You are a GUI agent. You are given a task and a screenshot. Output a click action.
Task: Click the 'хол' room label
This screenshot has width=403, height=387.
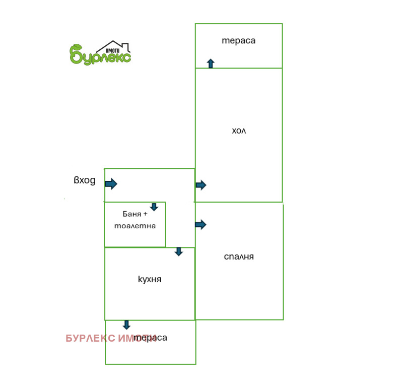[x=239, y=131]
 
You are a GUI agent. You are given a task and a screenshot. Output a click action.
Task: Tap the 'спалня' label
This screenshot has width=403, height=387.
[x=239, y=256]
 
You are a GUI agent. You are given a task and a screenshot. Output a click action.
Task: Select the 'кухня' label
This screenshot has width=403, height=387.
[x=150, y=279]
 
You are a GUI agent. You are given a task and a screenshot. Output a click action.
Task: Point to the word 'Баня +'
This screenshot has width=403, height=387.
[x=135, y=214]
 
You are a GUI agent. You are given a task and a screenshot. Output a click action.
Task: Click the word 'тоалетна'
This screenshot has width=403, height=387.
[x=135, y=226]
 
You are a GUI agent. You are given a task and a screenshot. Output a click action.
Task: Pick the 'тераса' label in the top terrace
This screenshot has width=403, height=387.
[x=238, y=41]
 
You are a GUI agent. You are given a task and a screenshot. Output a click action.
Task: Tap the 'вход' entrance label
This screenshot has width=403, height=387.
[x=85, y=180]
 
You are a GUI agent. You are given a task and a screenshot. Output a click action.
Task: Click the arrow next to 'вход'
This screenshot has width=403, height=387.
[x=111, y=183]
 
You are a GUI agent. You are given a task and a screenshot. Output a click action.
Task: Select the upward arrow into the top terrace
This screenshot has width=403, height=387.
[x=211, y=63]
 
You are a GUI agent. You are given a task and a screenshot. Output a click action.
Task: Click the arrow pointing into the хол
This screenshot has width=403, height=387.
[x=201, y=185]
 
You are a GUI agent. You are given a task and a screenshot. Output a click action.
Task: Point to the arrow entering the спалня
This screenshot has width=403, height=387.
[x=200, y=224]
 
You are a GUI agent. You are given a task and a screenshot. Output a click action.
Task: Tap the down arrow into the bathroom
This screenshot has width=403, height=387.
[x=154, y=207]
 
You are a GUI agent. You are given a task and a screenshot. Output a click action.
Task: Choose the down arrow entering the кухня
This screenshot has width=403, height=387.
[x=179, y=252]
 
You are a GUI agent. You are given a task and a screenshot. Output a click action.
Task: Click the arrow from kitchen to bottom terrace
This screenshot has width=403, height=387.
[x=126, y=325]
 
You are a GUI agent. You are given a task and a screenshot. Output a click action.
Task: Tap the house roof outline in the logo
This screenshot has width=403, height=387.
[x=113, y=46]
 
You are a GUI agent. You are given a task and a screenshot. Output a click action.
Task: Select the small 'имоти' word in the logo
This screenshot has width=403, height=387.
[x=112, y=51]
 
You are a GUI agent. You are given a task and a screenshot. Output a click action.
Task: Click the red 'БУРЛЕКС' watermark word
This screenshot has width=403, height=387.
[x=91, y=338]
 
